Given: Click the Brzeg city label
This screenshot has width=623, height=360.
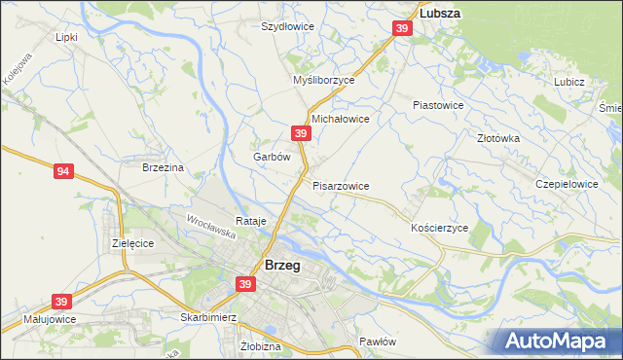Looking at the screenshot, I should [x=281, y=265].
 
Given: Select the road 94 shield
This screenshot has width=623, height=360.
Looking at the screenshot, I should [x=63, y=172].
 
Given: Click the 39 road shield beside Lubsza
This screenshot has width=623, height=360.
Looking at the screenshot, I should [x=403, y=31].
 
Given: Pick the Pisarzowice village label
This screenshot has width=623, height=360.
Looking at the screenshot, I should [x=341, y=185].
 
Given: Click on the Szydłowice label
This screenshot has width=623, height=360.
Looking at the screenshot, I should [x=287, y=26].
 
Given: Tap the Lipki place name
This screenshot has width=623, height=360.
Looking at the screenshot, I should [x=66, y=37].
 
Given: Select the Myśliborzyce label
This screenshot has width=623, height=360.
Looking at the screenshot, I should [x=324, y=81].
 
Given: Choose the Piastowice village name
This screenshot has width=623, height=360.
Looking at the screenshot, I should [x=438, y=104].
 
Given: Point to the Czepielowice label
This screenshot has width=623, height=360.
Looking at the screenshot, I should [x=567, y=183].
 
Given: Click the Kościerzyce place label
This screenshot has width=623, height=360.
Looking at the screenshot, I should [x=440, y=227].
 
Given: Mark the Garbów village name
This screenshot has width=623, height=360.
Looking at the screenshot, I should [x=272, y=157].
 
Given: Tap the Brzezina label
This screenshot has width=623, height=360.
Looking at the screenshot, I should [x=163, y=167].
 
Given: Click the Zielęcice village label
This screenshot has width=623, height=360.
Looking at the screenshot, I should [x=132, y=242].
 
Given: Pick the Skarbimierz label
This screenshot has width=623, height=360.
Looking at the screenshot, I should [x=182, y=318].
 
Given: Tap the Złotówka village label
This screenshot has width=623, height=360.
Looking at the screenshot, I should [x=498, y=138].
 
